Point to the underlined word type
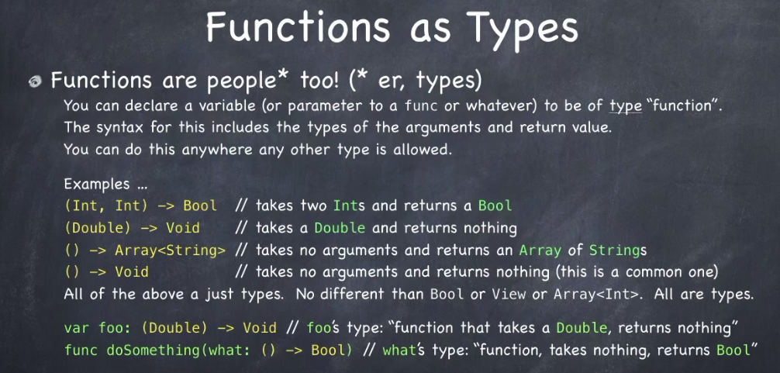626,107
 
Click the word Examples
97,184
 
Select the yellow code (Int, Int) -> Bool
141,206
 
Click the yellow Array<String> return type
170,250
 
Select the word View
509,294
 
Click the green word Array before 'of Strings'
540,250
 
